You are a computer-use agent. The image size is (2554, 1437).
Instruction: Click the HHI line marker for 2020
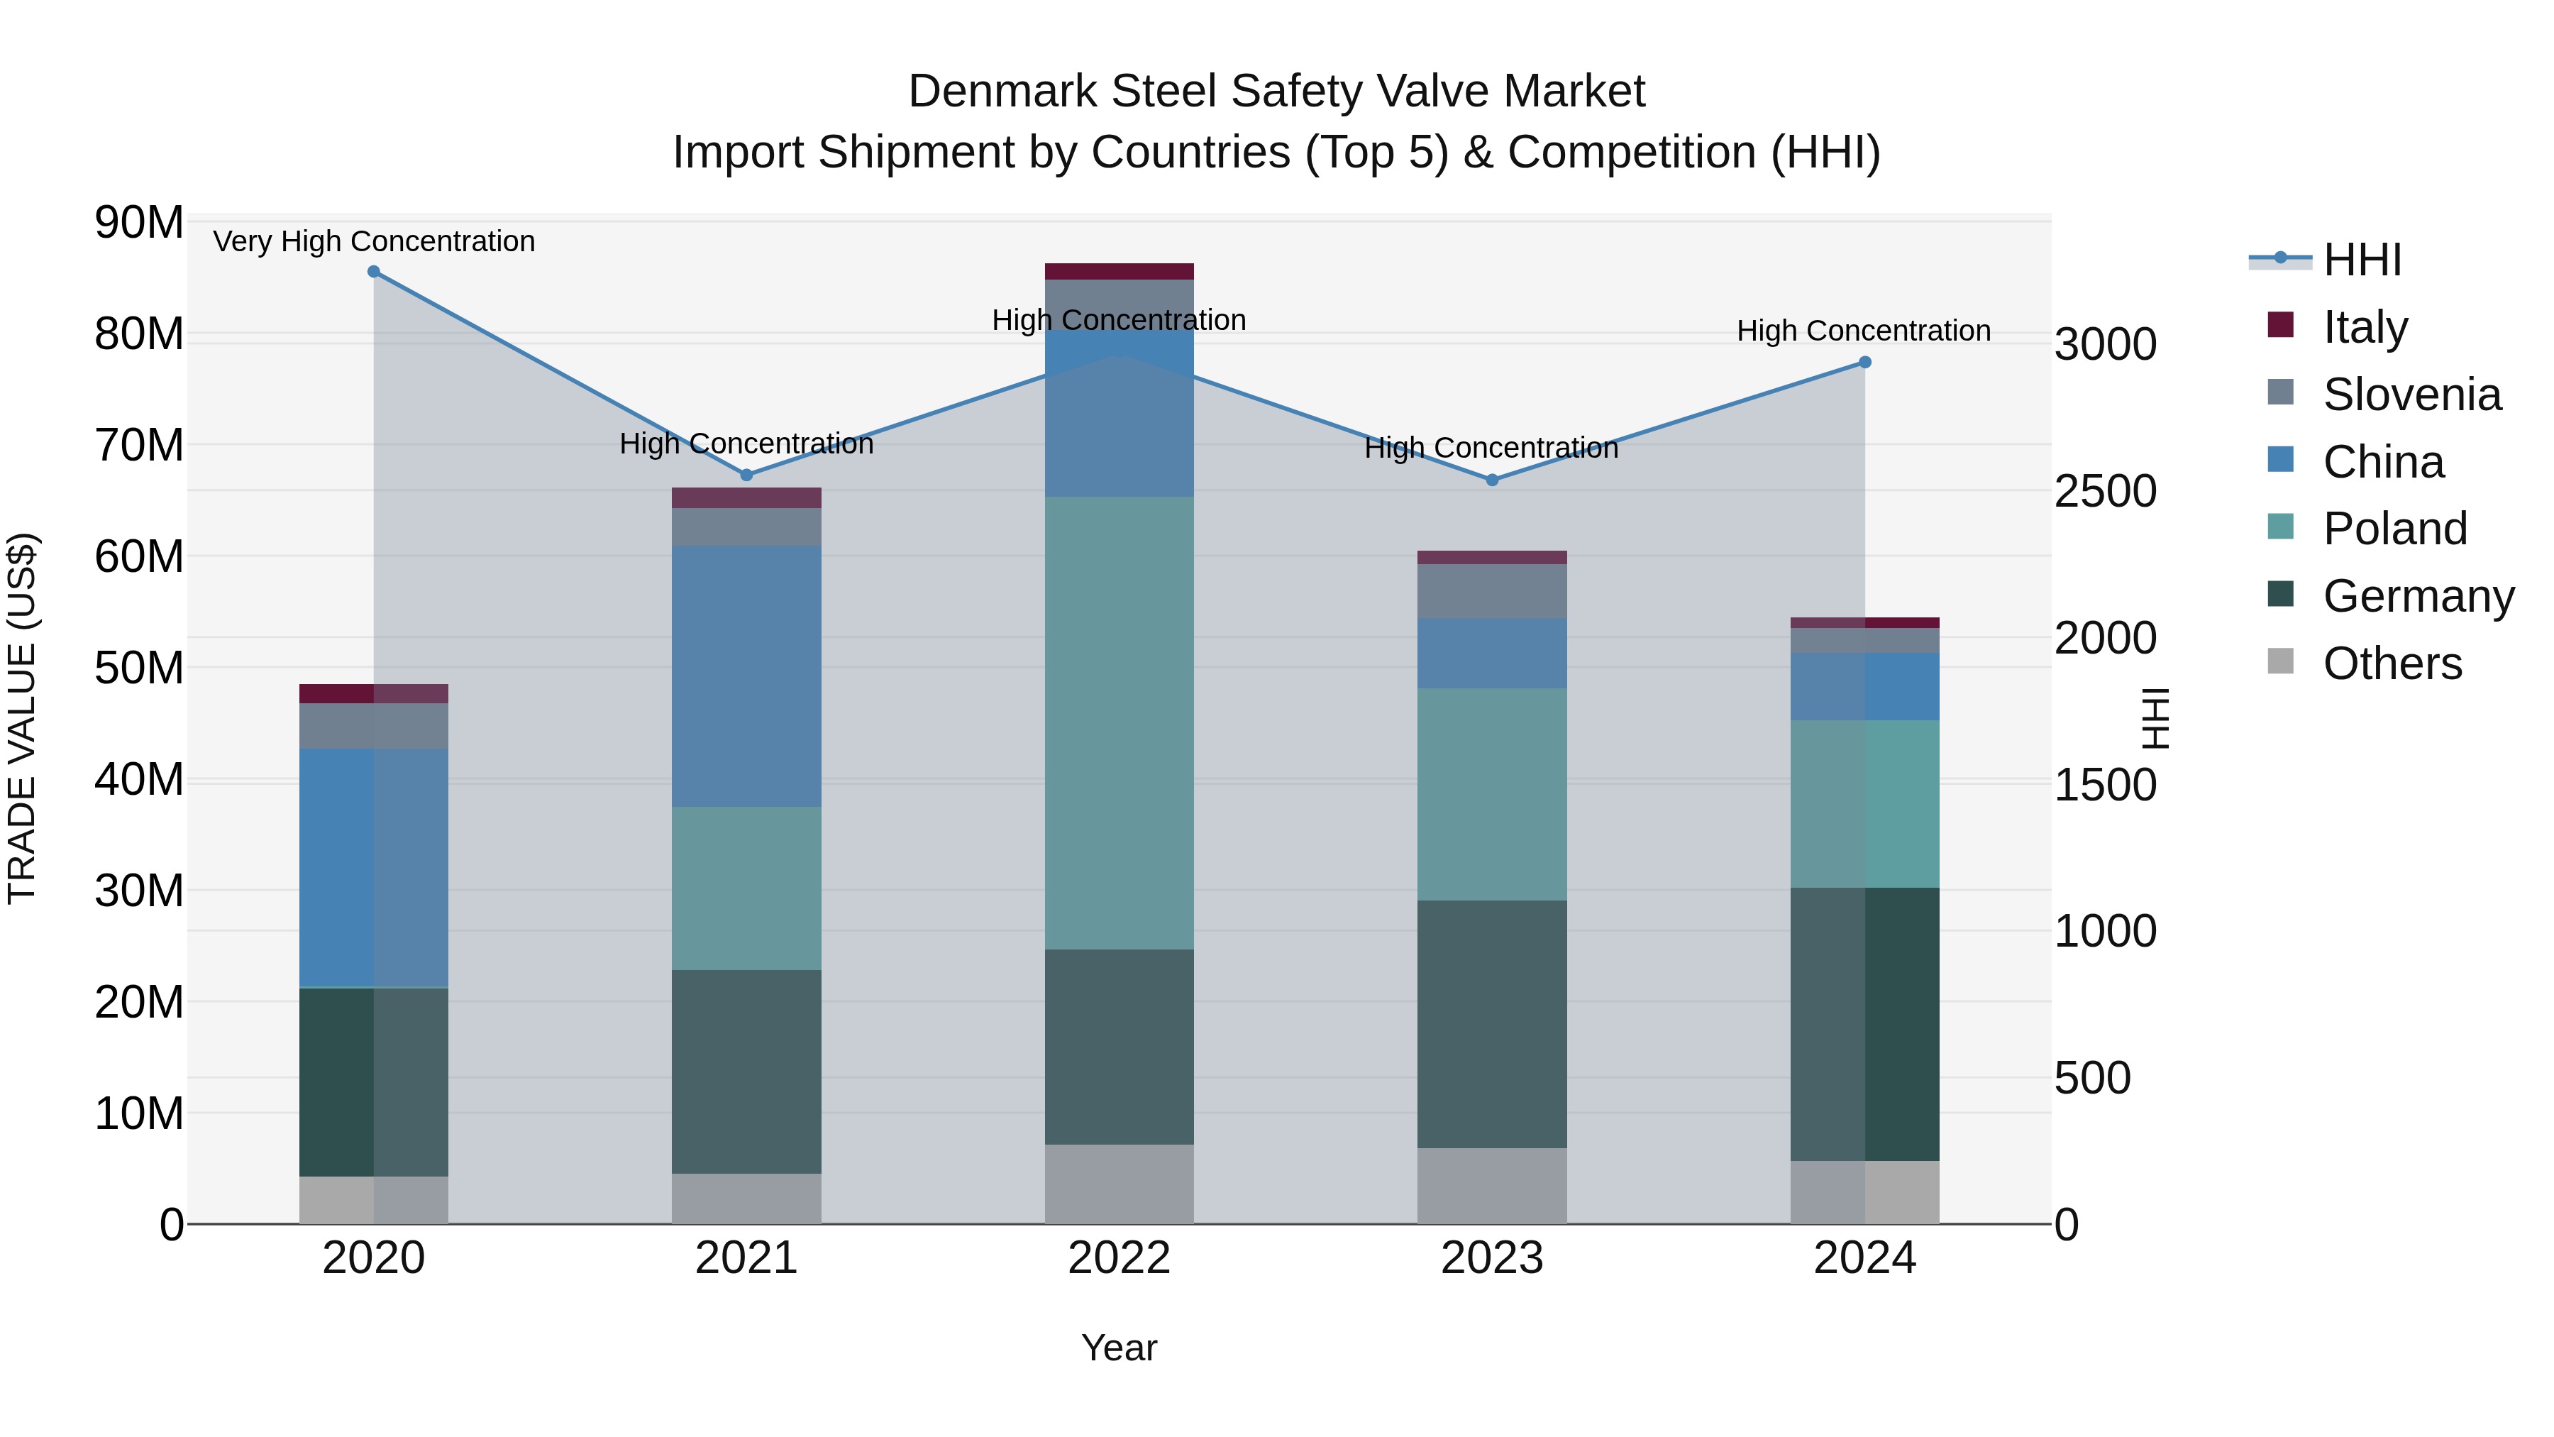pyautogui.click(x=374, y=272)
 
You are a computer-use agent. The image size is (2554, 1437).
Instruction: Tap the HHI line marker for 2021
pyautogui.click(x=746, y=475)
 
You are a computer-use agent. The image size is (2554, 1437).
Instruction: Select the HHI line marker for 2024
pyautogui.click(x=1865, y=363)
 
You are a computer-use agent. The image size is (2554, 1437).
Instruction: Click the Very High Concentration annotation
pyautogui.click(x=374, y=242)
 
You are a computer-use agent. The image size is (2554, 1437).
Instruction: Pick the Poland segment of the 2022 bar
pyautogui.click(x=1120, y=723)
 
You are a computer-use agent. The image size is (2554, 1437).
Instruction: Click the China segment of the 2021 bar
pyautogui.click(x=746, y=676)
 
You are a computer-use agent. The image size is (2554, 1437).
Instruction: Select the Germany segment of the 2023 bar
pyautogui.click(x=1492, y=1025)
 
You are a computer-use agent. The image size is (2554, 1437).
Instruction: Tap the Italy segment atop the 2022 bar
pyautogui.click(x=1120, y=272)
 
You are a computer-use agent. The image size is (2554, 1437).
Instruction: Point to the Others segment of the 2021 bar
pyautogui.click(x=746, y=1199)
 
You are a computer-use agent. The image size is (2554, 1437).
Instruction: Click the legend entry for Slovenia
pyautogui.click(x=2411, y=395)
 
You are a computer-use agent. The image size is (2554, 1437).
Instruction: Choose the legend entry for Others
pyautogui.click(x=2392, y=664)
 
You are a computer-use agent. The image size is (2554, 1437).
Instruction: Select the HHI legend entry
pyautogui.click(x=2362, y=260)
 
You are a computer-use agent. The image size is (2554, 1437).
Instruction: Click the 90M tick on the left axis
pyautogui.click(x=139, y=222)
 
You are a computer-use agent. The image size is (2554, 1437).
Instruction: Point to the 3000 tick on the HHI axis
pyautogui.click(x=2104, y=345)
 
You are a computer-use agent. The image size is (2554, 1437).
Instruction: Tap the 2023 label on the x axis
pyautogui.click(x=1492, y=1258)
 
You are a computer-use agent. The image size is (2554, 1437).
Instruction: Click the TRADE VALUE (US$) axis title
pyautogui.click(x=22, y=718)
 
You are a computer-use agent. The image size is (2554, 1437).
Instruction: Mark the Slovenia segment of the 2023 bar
pyautogui.click(x=1492, y=591)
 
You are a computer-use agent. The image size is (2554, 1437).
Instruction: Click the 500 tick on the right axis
pyautogui.click(x=2092, y=1078)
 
